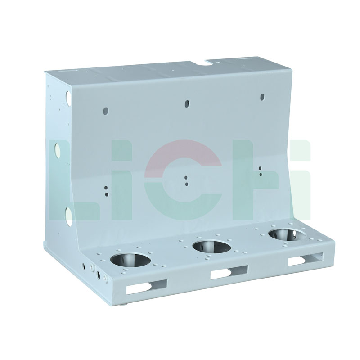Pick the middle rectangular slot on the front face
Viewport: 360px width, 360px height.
coord(229,271)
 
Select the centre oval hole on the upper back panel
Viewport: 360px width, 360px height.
coord(187,103)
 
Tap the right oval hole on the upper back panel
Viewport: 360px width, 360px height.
coord(263,97)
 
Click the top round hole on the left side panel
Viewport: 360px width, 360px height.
coord(68,96)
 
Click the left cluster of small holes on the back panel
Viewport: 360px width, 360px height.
coord(106,191)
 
